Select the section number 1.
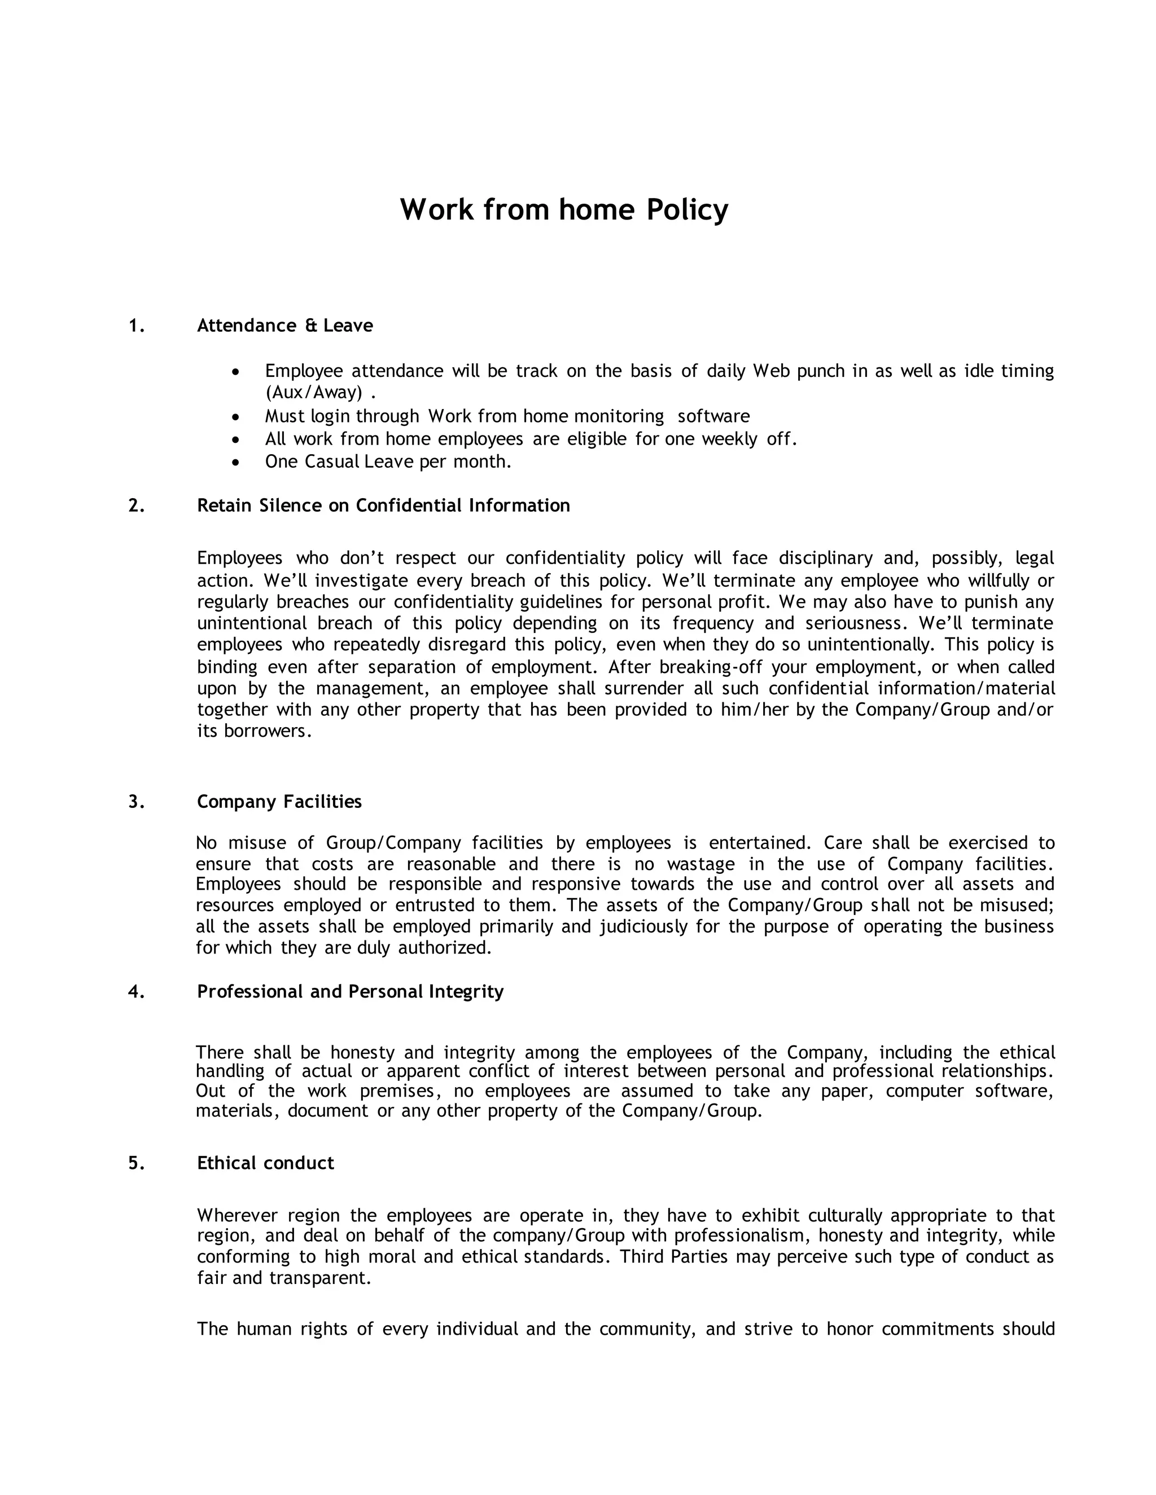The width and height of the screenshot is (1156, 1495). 136,326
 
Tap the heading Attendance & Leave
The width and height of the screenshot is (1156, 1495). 285,326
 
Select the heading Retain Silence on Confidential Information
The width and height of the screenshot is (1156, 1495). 383,506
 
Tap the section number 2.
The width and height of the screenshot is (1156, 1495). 136,506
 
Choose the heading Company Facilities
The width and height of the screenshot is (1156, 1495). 279,802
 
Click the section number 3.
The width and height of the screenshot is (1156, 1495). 136,802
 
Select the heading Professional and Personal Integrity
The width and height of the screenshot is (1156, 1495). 350,992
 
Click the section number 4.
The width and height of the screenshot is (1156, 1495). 136,992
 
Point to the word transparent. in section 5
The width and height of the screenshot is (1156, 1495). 321,1278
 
